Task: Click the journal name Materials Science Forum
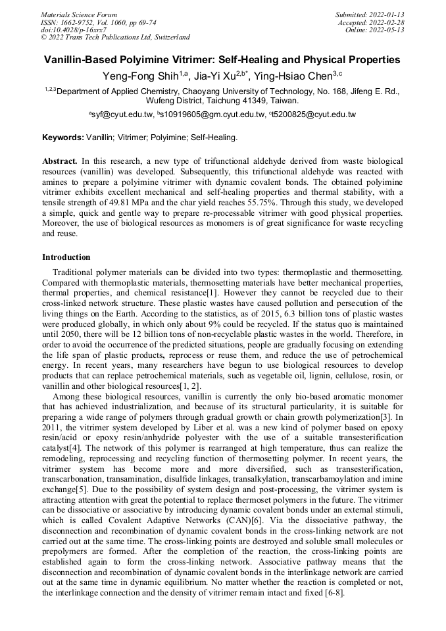point(79,14)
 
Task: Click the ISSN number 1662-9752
point(82,22)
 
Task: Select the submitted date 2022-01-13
point(389,14)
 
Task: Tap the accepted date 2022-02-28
point(389,22)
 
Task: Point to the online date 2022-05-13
point(389,30)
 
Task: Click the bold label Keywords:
point(63,138)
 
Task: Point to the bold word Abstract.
point(60,161)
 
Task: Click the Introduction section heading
point(66,257)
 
